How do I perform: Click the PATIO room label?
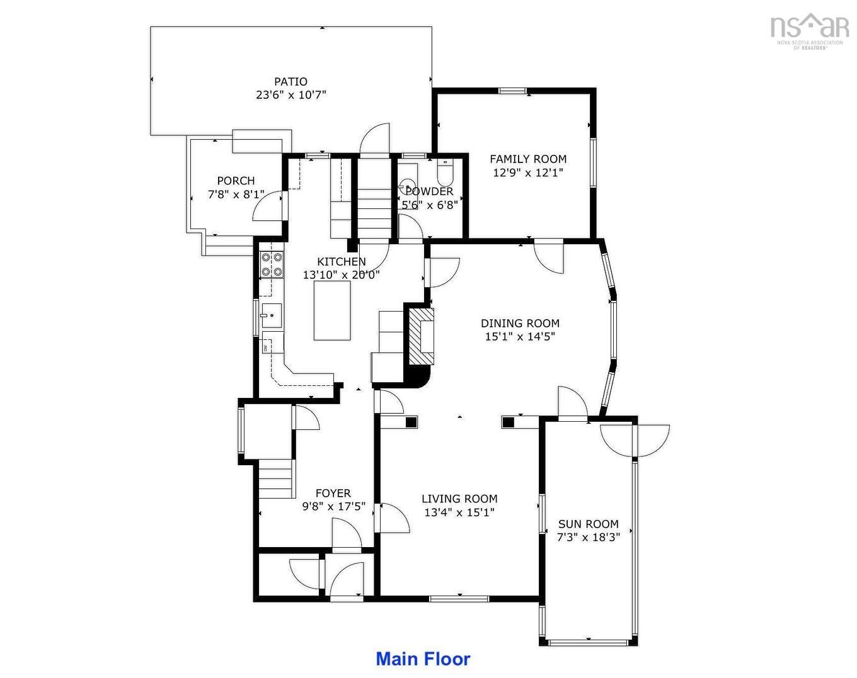(x=290, y=82)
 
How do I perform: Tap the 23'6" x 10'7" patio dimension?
(x=291, y=95)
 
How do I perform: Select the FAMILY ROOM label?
(x=528, y=159)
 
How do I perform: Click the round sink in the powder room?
(x=406, y=184)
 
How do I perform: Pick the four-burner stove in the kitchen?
(x=272, y=264)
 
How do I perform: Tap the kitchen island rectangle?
(x=332, y=311)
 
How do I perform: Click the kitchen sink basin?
(x=272, y=315)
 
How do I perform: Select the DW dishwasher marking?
(x=265, y=348)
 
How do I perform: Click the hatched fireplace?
(x=422, y=336)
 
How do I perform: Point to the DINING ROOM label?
(x=520, y=323)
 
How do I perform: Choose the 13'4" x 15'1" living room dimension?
(x=459, y=512)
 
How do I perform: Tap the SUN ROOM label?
(x=589, y=524)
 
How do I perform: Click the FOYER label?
(x=333, y=494)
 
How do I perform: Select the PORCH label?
(x=236, y=181)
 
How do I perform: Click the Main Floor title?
(x=423, y=659)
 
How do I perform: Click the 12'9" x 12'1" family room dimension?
(x=528, y=172)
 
